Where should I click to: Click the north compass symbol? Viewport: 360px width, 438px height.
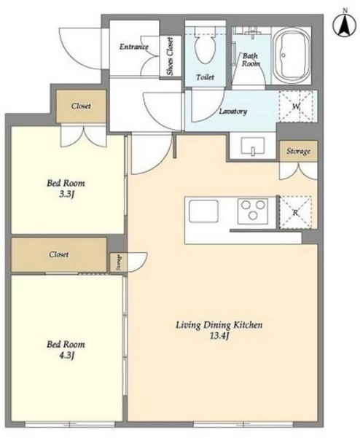pyautogui.click(x=345, y=24)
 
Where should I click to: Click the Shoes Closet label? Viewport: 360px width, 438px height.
pyautogui.click(x=170, y=57)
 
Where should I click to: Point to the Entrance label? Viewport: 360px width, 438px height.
pyautogui.click(x=134, y=47)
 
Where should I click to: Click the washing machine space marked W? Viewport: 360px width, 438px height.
pyautogui.click(x=296, y=106)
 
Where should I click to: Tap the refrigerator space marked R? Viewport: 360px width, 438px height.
pyautogui.click(x=295, y=212)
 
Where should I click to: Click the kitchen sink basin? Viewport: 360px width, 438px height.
pyautogui.click(x=203, y=211)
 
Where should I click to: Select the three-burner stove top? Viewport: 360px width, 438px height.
pyautogui.click(x=253, y=211)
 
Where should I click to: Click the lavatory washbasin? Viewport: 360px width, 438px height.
pyautogui.click(x=253, y=146)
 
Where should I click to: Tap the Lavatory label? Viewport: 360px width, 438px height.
pyautogui.click(x=233, y=112)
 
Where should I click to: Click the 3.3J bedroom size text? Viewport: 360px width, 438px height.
pyautogui.click(x=66, y=195)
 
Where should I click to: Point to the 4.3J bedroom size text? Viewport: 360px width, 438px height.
pyautogui.click(x=66, y=356)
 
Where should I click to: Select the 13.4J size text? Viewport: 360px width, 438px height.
pyautogui.click(x=219, y=336)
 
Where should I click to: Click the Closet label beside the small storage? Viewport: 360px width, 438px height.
pyautogui.click(x=59, y=254)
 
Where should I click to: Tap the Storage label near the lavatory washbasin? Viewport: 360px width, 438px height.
pyautogui.click(x=299, y=152)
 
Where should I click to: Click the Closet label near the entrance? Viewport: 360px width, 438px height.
pyautogui.click(x=81, y=106)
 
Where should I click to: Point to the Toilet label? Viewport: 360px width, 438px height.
pyautogui.click(x=206, y=77)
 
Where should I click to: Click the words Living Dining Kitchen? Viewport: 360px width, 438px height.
pyautogui.click(x=219, y=325)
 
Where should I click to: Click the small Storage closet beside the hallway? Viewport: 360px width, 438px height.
pyautogui.click(x=118, y=262)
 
